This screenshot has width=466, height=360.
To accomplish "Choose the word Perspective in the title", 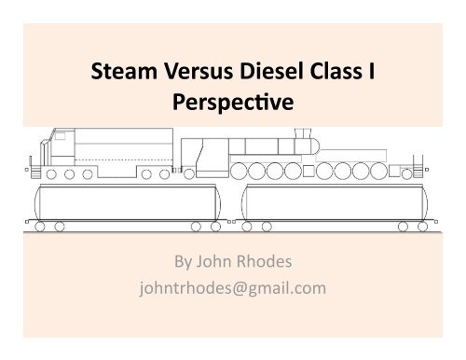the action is pos(233,103).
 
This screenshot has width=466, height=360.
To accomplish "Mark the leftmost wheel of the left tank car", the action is pos(44,227).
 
